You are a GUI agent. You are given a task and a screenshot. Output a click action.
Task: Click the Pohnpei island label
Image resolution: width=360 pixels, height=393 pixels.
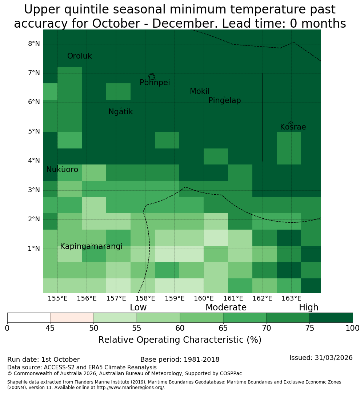click(x=155, y=83)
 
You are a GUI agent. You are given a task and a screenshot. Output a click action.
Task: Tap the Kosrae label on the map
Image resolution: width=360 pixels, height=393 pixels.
click(x=293, y=127)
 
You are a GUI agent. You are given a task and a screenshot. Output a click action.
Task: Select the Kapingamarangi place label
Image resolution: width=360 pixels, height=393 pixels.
click(x=91, y=246)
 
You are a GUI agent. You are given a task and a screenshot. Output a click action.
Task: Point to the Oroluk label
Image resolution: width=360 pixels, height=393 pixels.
click(x=80, y=56)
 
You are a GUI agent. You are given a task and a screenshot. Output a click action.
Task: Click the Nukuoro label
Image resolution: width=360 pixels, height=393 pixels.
click(x=62, y=170)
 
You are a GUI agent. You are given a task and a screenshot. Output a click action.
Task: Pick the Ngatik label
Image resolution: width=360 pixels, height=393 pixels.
click(x=121, y=112)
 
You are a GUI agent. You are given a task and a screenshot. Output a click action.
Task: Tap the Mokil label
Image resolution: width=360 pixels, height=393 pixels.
click(x=200, y=91)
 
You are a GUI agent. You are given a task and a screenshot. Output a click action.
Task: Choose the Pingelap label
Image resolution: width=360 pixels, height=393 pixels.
click(x=224, y=100)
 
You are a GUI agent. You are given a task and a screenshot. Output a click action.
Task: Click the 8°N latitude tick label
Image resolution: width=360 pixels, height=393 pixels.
click(x=34, y=44)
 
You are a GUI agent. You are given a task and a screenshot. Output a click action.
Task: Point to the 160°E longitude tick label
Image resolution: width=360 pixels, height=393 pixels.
click(x=204, y=298)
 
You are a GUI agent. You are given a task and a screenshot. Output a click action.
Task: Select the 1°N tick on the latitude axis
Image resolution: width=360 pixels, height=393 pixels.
click(x=34, y=249)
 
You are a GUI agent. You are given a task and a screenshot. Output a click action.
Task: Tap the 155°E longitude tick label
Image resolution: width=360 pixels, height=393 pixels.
click(x=57, y=298)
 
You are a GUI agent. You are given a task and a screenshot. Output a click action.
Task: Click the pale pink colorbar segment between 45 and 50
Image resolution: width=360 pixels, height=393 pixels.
click(x=72, y=318)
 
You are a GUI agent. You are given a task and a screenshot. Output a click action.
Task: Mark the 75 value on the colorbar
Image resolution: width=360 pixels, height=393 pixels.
click(x=310, y=328)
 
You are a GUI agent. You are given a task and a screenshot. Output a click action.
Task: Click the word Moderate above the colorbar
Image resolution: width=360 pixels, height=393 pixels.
click(x=226, y=307)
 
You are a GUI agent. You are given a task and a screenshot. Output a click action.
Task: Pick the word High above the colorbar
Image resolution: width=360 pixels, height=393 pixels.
click(x=308, y=307)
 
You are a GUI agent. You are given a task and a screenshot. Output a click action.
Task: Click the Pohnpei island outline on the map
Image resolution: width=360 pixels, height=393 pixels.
click(x=152, y=76)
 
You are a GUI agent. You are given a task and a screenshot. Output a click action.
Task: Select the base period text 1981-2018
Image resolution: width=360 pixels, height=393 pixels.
click(x=201, y=360)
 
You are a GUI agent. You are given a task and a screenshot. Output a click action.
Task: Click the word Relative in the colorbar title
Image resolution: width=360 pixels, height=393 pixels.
click(x=113, y=340)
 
